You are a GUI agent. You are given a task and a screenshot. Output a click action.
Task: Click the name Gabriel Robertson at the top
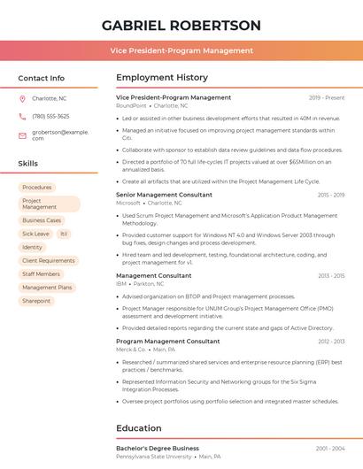coord(181,26)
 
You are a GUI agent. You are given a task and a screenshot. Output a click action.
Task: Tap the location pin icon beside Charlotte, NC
coord(22,99)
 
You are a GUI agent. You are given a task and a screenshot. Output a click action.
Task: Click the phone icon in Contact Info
coord(22,116)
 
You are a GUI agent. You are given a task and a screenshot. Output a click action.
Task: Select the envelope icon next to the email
coord(22,135)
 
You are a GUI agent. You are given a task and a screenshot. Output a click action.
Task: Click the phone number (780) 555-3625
coord(50,116)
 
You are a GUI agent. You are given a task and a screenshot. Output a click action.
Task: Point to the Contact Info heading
coord(42,78)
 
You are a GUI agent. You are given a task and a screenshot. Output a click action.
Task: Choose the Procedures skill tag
coord(37,188)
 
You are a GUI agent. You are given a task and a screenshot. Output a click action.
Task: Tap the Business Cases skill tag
coord(42,220)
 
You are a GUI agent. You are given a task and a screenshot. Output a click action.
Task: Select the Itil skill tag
coord(64,234)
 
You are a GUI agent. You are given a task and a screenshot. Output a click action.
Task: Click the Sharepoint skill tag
coord(36,301)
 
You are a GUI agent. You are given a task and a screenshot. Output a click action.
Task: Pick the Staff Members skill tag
coord(41,274)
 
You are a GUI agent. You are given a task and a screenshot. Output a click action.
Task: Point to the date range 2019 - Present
coord(327,97)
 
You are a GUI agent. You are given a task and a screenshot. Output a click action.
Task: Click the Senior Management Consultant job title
coord(164,194)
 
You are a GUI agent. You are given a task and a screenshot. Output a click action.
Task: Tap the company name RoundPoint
coord(131,105)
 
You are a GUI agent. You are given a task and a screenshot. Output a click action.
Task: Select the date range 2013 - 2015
coord(331,276)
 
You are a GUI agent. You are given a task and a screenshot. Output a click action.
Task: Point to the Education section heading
coord(139,428)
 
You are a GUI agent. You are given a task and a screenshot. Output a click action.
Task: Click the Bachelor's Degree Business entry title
coord(158,449)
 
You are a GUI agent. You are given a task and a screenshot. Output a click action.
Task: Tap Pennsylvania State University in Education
coord(153,457)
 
